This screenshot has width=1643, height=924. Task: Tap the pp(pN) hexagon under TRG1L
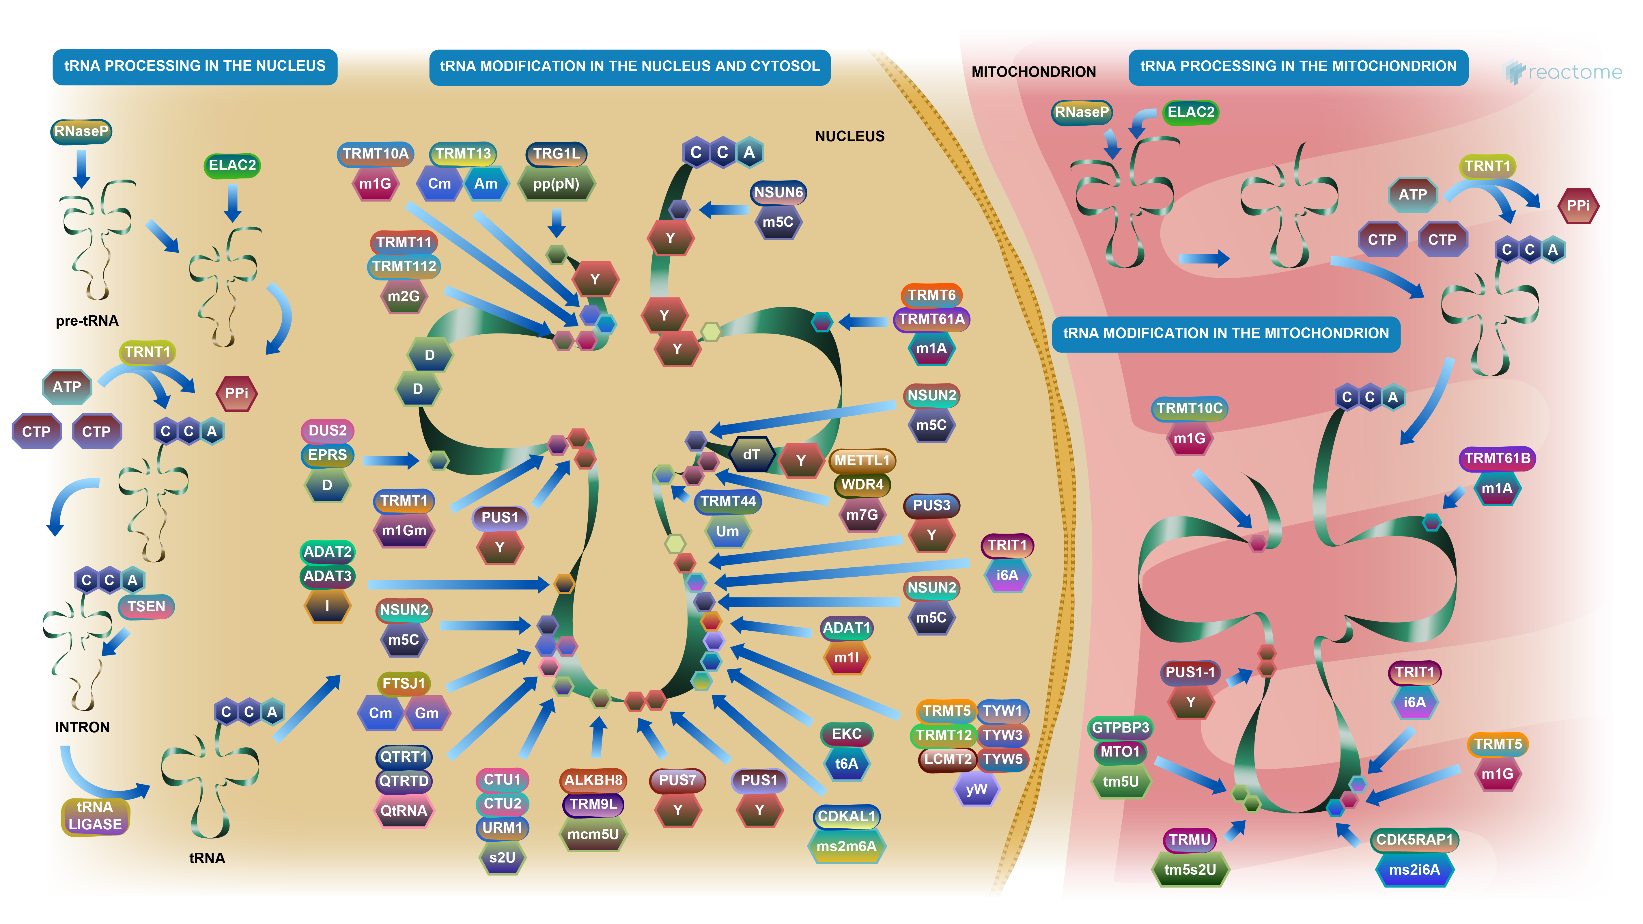556,184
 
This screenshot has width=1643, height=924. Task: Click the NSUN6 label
778,192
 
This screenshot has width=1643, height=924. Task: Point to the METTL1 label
862,460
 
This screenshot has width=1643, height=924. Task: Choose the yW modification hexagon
976,789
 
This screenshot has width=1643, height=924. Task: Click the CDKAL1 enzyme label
846,816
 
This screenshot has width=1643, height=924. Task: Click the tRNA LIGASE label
95,816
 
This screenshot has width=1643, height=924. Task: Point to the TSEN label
146,606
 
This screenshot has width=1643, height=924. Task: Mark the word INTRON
82,727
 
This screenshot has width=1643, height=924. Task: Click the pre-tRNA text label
87,321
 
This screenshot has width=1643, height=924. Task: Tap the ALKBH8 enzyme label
593,780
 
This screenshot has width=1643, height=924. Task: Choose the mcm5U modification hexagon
593,834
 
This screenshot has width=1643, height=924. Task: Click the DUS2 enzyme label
327,431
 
